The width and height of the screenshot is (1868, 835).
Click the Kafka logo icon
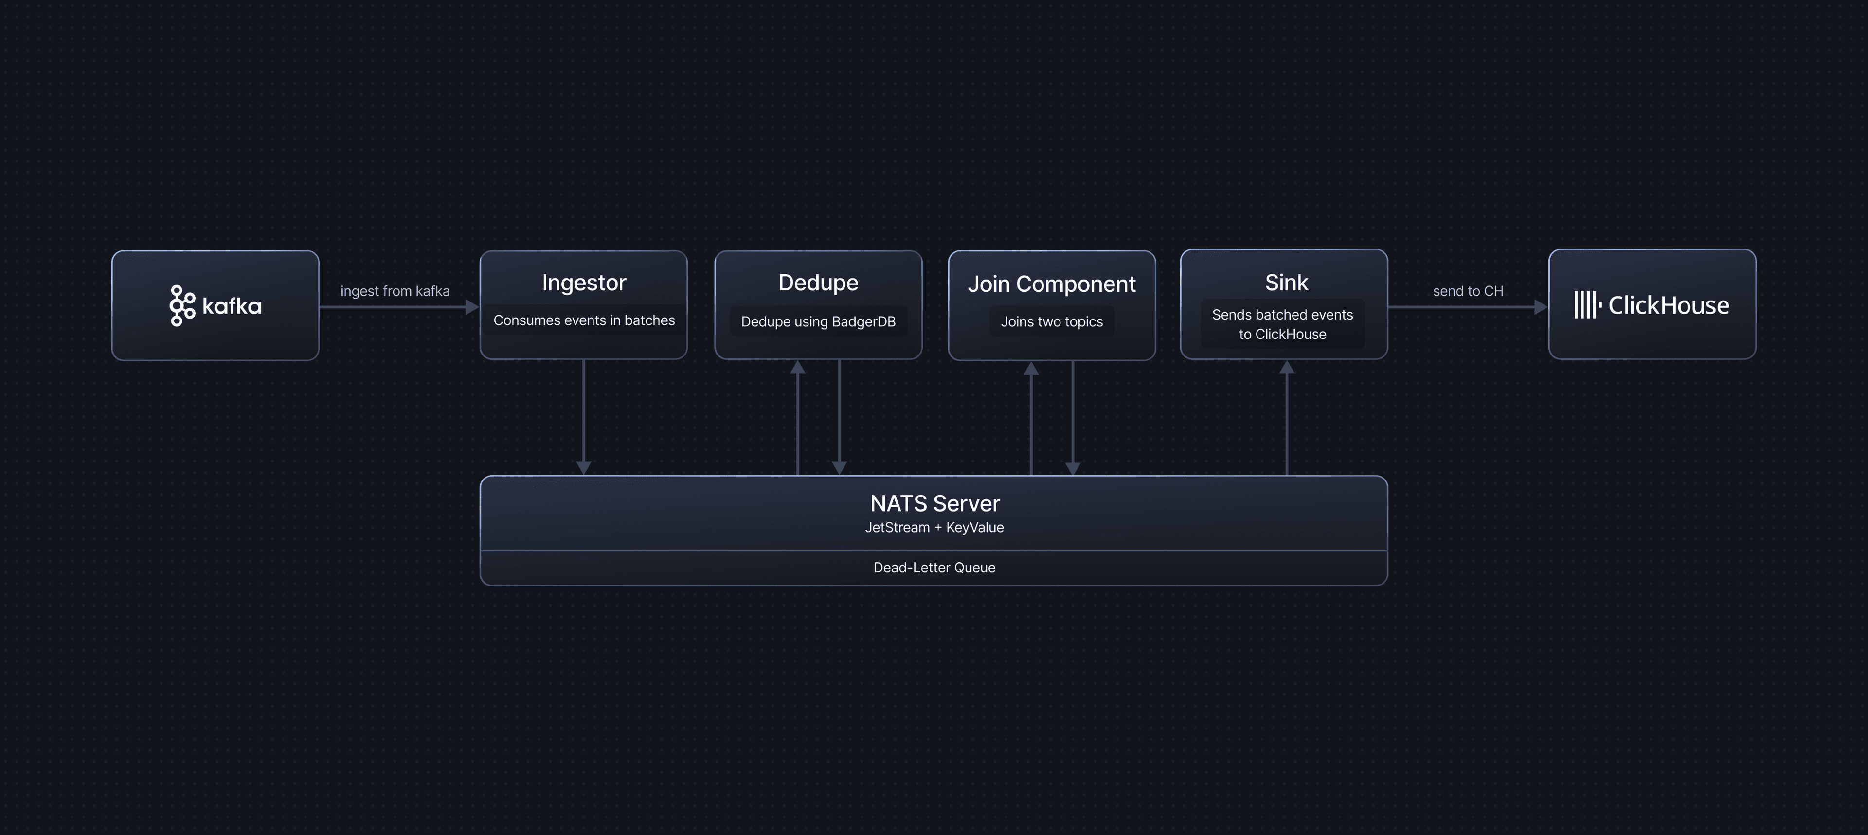tap(182, 306)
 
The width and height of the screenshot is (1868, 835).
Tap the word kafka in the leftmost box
tap(232, 306)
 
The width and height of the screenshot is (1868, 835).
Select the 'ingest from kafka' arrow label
tap(395, 291)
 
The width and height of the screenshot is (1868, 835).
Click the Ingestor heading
tap(584, 283)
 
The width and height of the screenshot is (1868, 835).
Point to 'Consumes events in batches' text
tap(584, 320)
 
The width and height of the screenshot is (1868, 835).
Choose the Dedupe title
tap(818, 283)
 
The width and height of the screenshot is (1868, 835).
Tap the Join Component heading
tap(1051, 284)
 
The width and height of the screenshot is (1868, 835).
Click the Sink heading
tap(1286, 283)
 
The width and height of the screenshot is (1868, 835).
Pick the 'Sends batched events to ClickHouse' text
tap(1282, 324)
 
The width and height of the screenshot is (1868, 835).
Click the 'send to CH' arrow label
tap(1468, 291)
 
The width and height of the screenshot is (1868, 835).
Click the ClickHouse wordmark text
tap(1669, 305)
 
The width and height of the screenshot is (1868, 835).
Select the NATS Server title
tap(934, 503)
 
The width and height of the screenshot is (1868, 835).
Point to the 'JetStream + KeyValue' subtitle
tap(934, 527)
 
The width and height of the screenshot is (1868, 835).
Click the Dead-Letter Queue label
tap(934, 568)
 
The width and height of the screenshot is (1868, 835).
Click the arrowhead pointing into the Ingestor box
tap(472, 306)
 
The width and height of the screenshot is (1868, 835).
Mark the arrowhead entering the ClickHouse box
tap(1541, 306)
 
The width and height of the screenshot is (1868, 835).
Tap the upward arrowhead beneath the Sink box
tap(1286, 368)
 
